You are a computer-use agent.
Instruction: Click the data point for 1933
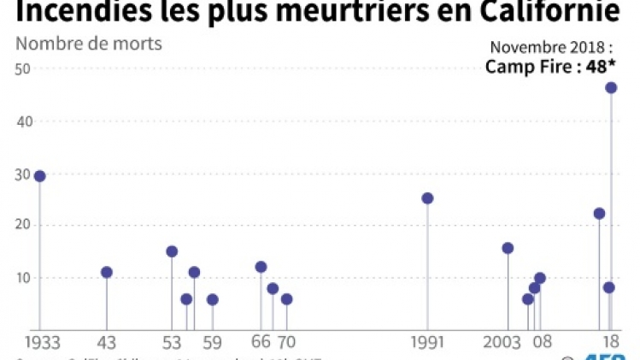39,176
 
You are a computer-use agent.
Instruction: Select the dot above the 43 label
107,273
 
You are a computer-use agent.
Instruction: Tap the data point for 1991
427,198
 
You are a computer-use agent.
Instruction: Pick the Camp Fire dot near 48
611,88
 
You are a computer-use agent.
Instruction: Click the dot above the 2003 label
508,248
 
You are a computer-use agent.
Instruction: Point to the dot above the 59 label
212,299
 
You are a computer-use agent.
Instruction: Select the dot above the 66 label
261,267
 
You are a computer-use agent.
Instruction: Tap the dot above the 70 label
286,299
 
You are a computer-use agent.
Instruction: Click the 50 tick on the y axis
23,69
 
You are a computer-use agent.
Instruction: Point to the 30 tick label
23,174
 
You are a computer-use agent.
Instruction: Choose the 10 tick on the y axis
23,278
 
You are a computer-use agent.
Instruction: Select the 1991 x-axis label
426,342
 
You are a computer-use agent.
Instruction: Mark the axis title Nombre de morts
89,44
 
